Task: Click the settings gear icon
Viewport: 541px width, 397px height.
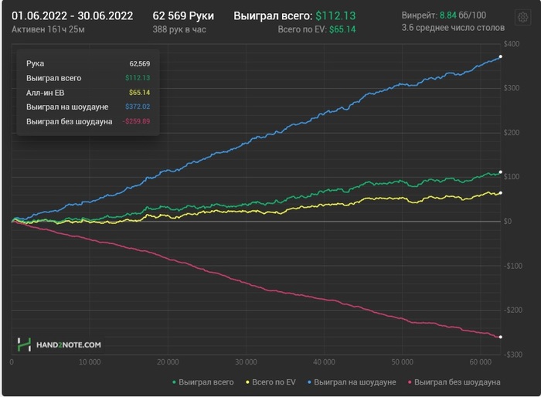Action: [x=522, y=18]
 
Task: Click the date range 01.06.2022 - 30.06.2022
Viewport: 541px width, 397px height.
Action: [x=72, y=15]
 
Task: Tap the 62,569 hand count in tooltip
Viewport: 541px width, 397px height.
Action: [x=140, y=63]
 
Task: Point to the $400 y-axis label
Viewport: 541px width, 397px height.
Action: [x=512, y=43]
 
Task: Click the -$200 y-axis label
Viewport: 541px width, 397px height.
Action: [x=512, y=310]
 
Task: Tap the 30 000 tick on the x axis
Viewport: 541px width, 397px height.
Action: [x=245, y=361]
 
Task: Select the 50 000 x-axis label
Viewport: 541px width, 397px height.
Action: [x=401, y=361]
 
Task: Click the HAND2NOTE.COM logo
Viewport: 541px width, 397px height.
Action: [x=60, y=345]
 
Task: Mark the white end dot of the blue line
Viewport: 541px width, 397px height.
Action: [x=501, y=57]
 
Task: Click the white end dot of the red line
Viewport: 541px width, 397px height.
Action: [x=501, y=337]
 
